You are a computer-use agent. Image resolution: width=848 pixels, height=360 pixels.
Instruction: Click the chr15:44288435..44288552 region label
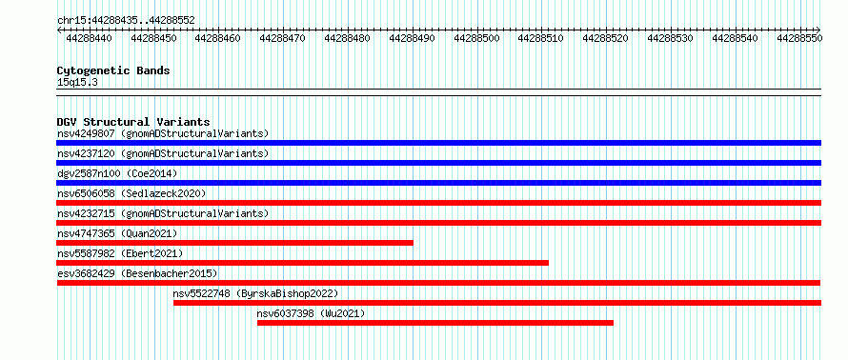coord(126,21)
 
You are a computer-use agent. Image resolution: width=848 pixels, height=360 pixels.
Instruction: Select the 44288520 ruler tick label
coord(606,38)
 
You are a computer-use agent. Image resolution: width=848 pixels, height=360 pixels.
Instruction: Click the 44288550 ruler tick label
coord(799,38)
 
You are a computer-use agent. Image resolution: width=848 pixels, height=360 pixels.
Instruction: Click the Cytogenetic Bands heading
coord(113,70)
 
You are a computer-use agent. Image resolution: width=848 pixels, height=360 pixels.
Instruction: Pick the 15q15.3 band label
coord(77,83)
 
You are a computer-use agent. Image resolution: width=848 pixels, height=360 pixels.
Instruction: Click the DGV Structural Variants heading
coord(133,122)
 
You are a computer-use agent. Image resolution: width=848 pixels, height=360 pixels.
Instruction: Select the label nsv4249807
coord(86,133)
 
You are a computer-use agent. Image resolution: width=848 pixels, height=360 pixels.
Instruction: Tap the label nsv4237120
coord(86,153)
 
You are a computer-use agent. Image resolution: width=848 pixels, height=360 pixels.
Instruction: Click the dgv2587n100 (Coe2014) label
coord(117,173)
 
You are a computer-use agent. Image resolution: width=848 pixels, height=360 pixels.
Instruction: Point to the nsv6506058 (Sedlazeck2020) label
coord(131,193)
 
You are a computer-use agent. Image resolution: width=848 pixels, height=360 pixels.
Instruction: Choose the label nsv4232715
coord(86,213)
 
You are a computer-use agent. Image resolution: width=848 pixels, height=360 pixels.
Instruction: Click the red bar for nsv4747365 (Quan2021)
coord(235,243)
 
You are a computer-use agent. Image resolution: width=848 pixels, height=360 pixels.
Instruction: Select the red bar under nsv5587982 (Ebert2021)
coord(303,263)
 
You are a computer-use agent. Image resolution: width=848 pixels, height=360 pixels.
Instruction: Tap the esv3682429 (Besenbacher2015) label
coord(137,273)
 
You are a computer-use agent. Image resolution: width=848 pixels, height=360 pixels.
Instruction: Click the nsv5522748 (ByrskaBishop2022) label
coord(255,293)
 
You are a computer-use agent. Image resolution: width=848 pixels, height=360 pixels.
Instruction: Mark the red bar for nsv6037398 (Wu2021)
coord(435,323)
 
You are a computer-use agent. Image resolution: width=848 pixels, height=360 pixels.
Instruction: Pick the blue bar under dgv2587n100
coord(439,183)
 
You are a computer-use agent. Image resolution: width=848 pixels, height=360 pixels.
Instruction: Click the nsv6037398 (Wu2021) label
coord(311,313)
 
